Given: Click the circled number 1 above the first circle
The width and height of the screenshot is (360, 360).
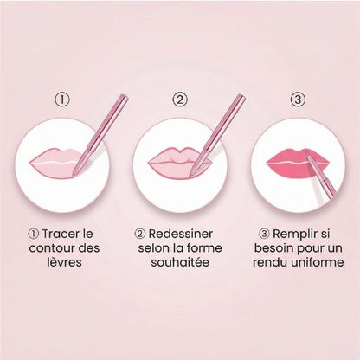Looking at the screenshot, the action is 62,100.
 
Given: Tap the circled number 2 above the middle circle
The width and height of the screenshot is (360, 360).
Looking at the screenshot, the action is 180,100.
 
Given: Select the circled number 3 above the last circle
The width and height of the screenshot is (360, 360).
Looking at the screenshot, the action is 298,100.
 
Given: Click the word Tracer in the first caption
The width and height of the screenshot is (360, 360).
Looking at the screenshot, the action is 60,234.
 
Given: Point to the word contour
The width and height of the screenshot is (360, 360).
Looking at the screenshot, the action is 48,248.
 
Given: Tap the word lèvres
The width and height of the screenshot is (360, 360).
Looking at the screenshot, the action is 64,262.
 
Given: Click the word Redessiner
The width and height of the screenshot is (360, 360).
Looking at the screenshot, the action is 181,234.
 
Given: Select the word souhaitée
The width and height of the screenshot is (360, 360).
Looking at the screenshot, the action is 180,262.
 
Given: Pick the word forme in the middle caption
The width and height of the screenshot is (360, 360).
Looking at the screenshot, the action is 204,248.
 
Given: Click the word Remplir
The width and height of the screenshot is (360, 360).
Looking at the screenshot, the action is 293,235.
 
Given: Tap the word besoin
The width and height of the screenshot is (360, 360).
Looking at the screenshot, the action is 273,248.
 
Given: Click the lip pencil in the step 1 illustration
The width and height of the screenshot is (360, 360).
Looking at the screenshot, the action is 100,133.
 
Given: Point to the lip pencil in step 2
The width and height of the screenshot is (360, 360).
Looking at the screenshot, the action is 218,135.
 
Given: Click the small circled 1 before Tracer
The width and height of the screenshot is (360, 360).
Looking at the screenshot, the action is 34,234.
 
